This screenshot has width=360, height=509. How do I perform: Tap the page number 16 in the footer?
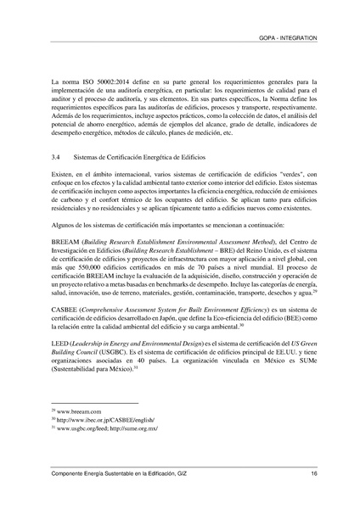click(x=313, y=472)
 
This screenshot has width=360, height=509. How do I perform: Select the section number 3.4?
click(x=56, y=159)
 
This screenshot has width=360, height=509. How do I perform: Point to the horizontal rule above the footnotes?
click(x=94, y=403)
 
